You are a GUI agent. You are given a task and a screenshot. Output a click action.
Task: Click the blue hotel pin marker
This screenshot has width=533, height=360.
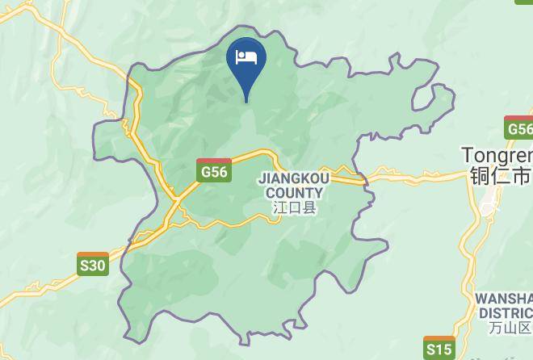click(246, 63)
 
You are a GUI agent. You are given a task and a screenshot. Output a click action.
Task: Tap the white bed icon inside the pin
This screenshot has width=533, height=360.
click(246, 57)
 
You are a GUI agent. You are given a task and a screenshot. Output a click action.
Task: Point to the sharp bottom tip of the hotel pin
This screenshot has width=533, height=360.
click(246, 102)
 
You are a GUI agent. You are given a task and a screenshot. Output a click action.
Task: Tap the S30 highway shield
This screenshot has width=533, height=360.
click(93, 264)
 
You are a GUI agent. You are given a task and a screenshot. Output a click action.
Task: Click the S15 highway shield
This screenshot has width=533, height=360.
click(439, 349)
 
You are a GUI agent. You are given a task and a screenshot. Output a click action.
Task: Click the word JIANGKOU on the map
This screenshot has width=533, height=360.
click(291, 179)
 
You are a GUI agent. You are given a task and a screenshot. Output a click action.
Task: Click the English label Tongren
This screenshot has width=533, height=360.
click(497, 154)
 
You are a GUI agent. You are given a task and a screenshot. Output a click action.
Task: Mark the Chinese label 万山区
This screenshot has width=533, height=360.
click(510, 328)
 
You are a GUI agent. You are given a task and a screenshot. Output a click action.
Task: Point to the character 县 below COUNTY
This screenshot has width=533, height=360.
click(309, 207)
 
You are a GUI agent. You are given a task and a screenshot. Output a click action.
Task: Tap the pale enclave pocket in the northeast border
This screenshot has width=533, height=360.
click(433, 98)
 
